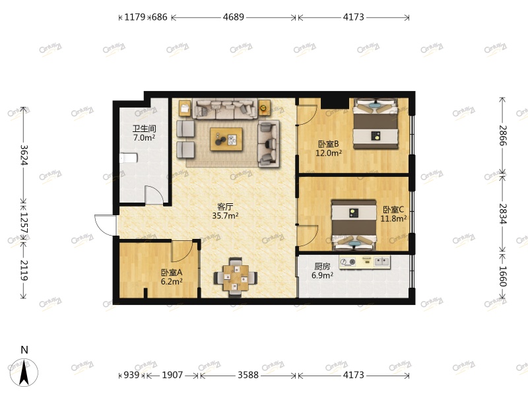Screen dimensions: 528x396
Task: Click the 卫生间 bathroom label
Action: pyautogui.click(x=144, y=128)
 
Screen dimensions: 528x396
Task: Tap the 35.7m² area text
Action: pyautogui.click(x=225, y=216)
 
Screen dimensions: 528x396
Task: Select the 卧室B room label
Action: pyautogui.click(x=328, y=144)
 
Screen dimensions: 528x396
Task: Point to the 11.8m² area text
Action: pyautogui.click(x=393, y=218)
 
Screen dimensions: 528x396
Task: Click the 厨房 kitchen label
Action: pyautogui.click(x=322, y=267)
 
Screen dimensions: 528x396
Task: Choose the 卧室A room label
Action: pyautogui.click(x=172, y=272)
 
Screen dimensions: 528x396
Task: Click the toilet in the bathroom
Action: pyautogui.click(x=128, y=158)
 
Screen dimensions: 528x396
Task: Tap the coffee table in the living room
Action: pyautogui.click(x=226, y=139)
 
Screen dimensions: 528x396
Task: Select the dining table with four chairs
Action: pyautogui.click(x=236, y=277)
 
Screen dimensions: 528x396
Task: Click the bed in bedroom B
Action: pyautogui.click(x=375, y=123)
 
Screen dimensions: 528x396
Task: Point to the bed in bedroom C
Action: pyautogui.click(x=354, y=225)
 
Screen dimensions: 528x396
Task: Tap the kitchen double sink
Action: pyautogui.click(x=382, y=261)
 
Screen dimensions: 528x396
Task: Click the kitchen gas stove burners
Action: pyautogui.click(x=348, y=261)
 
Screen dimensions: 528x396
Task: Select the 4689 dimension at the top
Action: pyautogui.click(x=234, y=17)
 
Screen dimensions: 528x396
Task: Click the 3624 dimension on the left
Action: pyautogui.click(x=24, y=155)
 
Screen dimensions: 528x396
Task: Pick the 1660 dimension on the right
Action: pyautogui.click(x=502, y=277)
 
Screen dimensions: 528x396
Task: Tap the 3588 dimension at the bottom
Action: pyautogui.click(x=248, y=375)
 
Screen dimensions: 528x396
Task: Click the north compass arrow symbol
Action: pyautogui.click(x=24, y=372)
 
